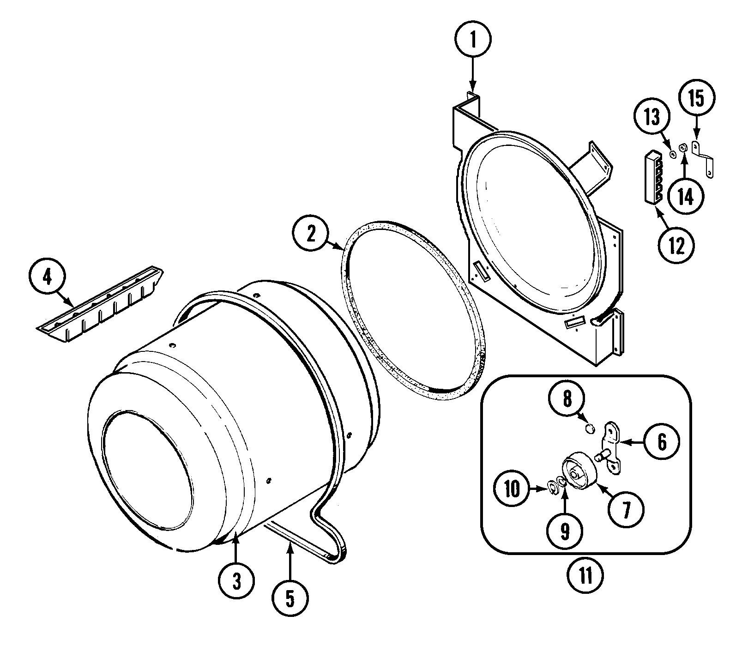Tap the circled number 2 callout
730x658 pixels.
click(310, 234)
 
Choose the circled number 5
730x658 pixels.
click(290, 599)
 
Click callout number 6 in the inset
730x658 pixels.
click(662, 442)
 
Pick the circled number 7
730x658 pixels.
click(626, 508)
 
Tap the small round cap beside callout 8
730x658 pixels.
click(589, 429)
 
